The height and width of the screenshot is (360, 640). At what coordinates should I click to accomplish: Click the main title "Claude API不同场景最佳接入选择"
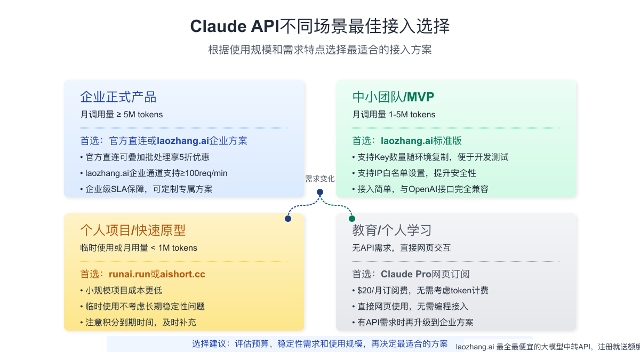pos(320,26)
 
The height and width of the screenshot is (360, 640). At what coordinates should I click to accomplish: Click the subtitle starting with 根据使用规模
pos(320,50)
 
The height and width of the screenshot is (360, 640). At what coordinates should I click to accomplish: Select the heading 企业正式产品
pos(118,97)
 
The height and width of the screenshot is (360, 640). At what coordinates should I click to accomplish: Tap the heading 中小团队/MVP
pos(393,97)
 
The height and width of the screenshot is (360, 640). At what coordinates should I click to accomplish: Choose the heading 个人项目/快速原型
pos(133,230)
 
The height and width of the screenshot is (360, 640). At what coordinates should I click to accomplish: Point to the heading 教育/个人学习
pos(391,230)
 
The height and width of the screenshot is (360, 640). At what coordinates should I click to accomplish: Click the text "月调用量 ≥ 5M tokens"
pos(122,114)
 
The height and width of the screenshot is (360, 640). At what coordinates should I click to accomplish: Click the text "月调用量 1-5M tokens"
pos(394,114)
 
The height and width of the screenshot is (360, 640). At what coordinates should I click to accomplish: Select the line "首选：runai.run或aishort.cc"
pos(142,274)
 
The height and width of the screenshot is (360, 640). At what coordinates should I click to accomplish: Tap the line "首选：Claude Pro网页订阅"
pos(411,274)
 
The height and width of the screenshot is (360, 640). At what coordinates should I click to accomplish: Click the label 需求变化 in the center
pos(320,179)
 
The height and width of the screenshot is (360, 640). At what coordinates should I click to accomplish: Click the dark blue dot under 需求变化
pos(320,192)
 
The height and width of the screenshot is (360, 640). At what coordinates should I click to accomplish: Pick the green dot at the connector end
pos(352,219)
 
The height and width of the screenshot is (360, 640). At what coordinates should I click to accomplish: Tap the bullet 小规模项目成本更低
pos(123,291)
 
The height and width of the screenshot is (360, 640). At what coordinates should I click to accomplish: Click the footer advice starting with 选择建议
pos(320,344)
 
